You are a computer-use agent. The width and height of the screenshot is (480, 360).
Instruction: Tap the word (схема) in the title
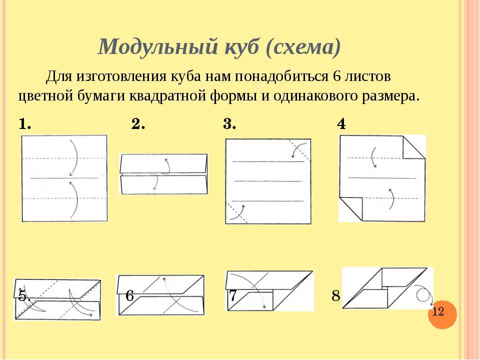(x=303, y=47)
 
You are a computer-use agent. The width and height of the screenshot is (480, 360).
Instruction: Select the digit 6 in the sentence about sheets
(x=336, y=76)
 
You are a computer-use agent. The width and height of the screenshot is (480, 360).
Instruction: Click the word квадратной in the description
(x=168, y=96)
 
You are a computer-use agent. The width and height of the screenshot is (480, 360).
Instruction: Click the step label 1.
(x=25, y=124)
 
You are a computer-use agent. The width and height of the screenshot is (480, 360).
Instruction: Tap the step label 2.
(x=138, y=124)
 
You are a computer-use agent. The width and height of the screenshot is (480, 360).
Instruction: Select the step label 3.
(x=229, y=124)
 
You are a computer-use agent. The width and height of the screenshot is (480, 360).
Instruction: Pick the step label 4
(x=341, y=124)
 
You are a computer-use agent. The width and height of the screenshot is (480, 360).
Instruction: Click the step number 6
(x=130, y=296)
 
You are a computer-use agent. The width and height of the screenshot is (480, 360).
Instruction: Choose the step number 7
(x=233, y=295)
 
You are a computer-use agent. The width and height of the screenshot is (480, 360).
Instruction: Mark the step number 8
(x=336, y=296)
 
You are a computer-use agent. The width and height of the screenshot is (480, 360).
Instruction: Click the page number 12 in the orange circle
(x=438, y=311)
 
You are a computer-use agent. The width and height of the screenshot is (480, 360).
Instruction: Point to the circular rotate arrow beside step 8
(x=423, y=293)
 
